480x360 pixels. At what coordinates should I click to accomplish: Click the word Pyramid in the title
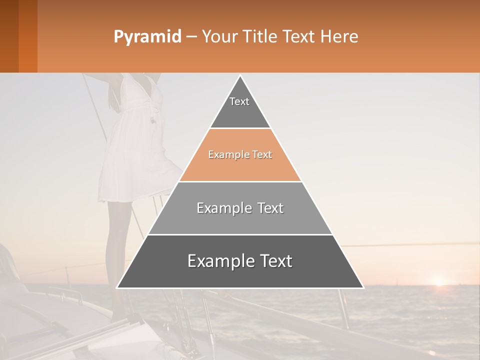[147, 37]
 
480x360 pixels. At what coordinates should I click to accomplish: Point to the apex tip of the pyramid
[240, 76]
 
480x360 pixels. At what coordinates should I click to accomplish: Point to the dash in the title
[191, 37]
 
